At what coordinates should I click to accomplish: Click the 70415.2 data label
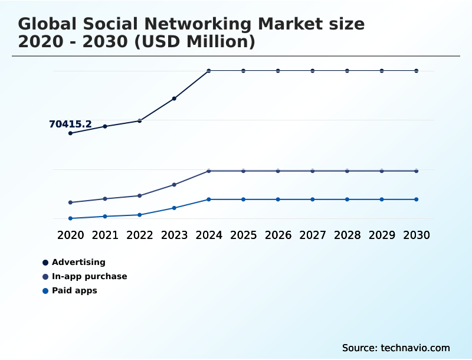click(70, 124)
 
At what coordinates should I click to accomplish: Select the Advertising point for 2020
click(70, 133)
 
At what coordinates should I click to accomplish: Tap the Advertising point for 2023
click(174, 99)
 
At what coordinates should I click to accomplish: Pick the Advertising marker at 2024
click(209, 71)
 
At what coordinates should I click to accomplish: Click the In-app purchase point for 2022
click(140, 195)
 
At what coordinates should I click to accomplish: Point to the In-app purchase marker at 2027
click(313, 171)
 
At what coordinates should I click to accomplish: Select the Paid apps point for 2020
click(70, 218)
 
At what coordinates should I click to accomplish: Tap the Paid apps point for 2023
click(174, 208)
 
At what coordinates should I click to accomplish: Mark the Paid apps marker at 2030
click(417, 199)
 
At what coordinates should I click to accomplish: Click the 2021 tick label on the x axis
click(105, 235)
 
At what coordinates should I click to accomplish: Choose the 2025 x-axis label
click(244, 235)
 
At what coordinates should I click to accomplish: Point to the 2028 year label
click(348, 235)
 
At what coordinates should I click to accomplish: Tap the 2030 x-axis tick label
click(417, 235)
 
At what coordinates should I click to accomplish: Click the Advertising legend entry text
click(78, 262)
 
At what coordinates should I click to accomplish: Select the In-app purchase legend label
click(89, 276)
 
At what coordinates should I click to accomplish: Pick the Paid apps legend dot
click(45, 291)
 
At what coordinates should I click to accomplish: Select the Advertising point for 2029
click(382, 71)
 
